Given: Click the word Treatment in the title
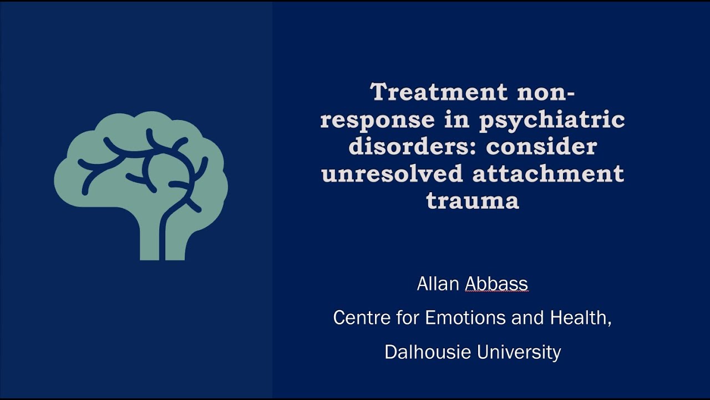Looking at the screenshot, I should click(439, 92).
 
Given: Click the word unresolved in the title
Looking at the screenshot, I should click(392, 173).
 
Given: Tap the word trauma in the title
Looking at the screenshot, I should click(473, 201).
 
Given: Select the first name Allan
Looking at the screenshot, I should click(438, 284).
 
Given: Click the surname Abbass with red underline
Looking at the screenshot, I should click(496, 284).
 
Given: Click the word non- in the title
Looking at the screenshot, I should click(545, 92).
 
